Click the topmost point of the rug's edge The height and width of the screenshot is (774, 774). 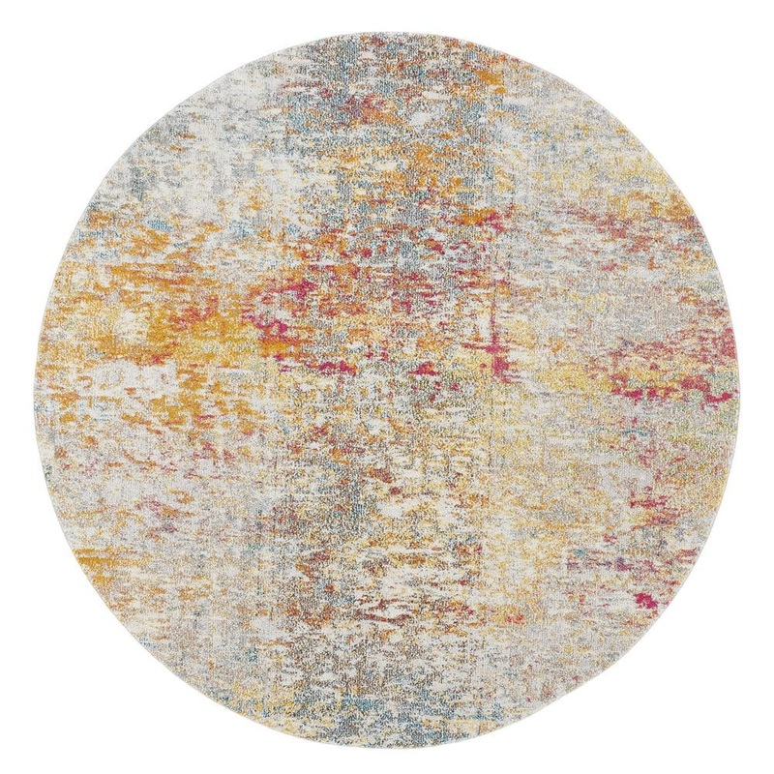coord(387,32)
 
